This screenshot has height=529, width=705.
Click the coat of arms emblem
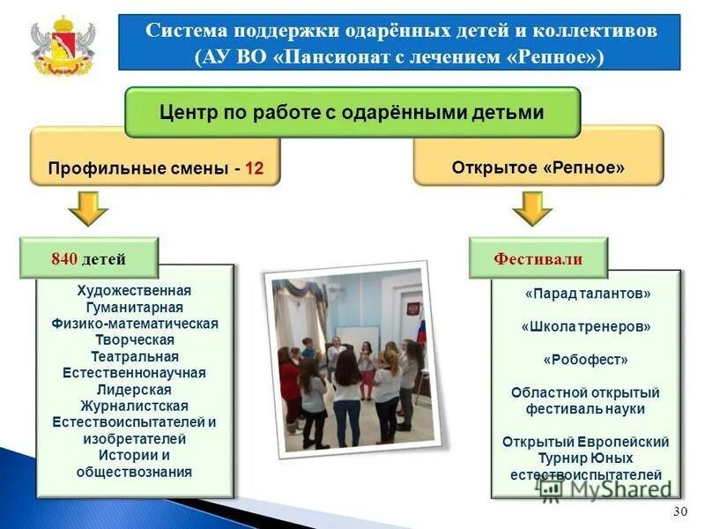[x=63, y=44]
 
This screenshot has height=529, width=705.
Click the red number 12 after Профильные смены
[x=254, y=168]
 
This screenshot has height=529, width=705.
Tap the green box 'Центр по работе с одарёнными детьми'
[x=352, y=113]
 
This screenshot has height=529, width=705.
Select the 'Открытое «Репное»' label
[x=538, y=168]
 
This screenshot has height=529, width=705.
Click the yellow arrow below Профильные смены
[x=88, y=209]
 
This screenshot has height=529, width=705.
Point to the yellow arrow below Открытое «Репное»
[x=531, y=209]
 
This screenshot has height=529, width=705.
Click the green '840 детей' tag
[x=89, y=258]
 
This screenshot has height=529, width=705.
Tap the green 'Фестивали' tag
[x=538, y=259]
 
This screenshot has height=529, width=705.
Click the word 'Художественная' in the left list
[x=134, y=291]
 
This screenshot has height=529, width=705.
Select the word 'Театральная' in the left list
[x=134, y=357]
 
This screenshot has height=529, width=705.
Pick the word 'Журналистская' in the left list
[x=134, y=406]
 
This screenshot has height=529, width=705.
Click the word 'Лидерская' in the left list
[x=134, y=389]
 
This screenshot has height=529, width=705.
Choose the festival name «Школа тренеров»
[x=587, y=326]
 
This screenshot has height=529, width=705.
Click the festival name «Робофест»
[x=587, y=360]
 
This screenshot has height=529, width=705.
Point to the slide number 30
[x=679, y=512]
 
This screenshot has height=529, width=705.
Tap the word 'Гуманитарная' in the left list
[x=134, y=307]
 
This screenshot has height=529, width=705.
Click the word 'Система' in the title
[x=181, y=31]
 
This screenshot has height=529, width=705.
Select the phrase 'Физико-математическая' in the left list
[x=134, y=324]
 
